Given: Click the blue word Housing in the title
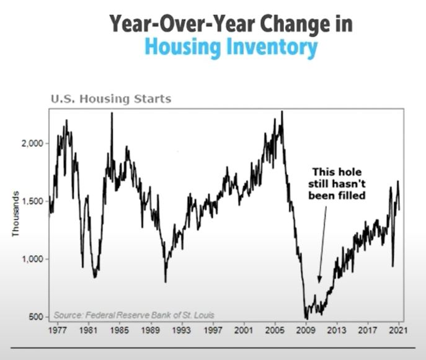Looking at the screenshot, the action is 182,47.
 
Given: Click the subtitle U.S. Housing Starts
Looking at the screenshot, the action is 111,99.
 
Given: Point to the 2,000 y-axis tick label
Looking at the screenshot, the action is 33,143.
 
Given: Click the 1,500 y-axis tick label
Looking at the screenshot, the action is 33,201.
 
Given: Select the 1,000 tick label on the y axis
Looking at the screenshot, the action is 33,259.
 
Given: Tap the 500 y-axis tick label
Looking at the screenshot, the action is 37,317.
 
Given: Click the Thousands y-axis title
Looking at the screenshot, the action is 16,214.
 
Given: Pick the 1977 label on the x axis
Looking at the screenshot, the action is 58,330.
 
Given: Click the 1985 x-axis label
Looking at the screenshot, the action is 120,330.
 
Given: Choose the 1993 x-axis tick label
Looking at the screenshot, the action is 182,330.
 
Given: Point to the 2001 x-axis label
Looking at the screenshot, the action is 244,330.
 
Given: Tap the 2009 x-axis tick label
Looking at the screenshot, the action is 306,330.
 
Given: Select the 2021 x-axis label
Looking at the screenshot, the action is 399,330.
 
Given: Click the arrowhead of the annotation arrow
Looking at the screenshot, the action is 319,279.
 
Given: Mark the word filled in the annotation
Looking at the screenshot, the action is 352,195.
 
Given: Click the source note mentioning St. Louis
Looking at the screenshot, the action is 134,315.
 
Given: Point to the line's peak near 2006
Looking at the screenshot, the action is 282,112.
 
